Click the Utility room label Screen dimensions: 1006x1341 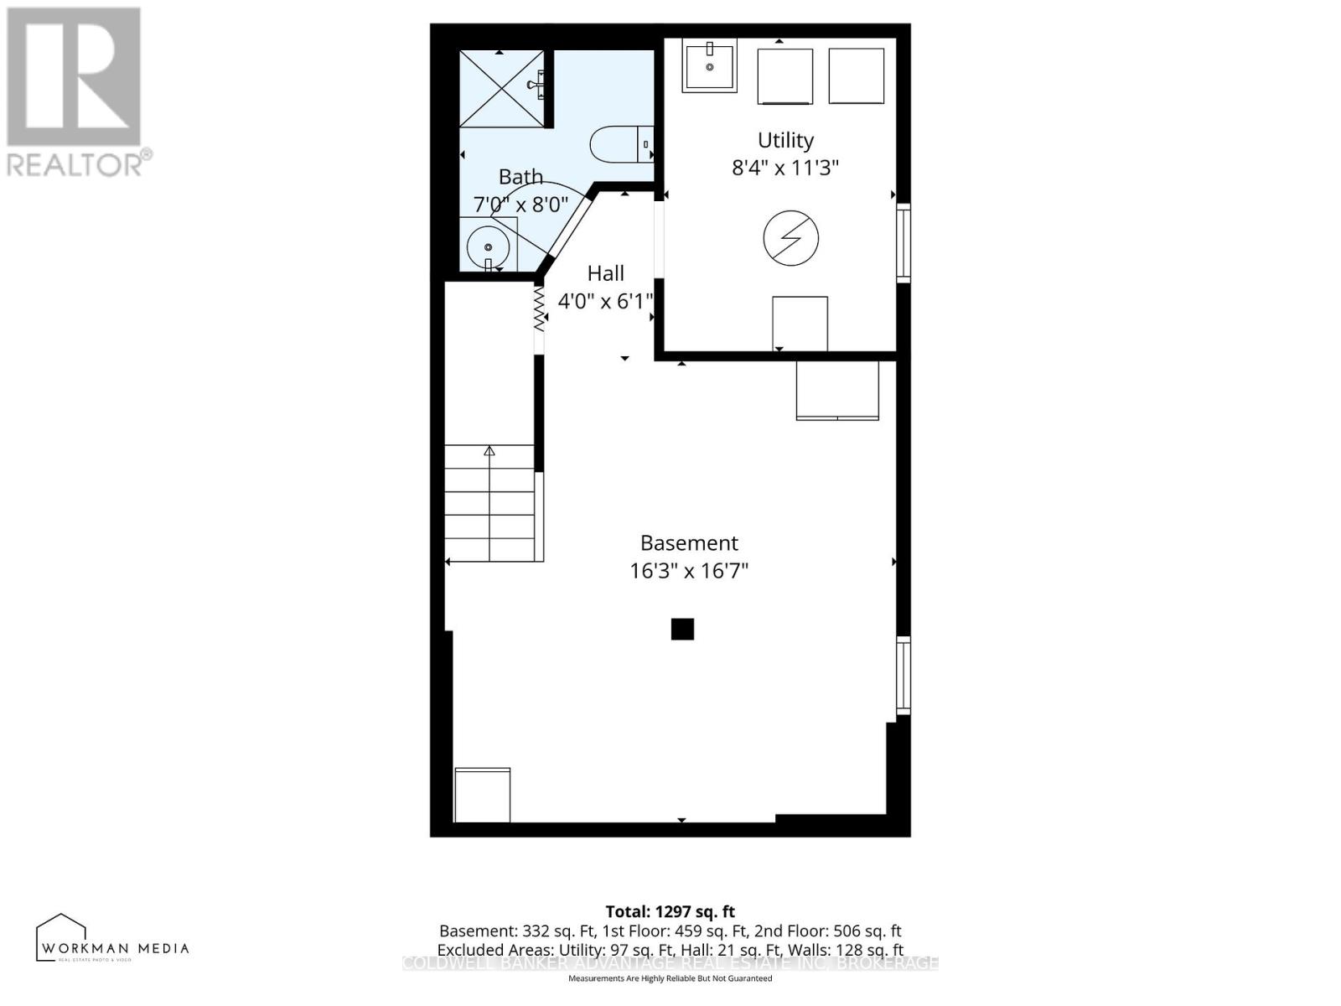click(x=785, y=140)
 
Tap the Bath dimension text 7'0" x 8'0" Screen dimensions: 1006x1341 click(x=520, y=204)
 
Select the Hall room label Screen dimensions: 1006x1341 click(x=605, y=273)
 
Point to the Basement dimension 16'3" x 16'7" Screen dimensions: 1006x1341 click(x=689, y=571)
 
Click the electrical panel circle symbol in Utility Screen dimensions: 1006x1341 click(x=790, y=237)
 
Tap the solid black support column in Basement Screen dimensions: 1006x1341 click(x=682, y=629)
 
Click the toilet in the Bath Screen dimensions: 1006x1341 click(x=620, y=144)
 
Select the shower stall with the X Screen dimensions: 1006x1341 click(x=501, y=88)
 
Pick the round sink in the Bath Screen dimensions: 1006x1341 click(x=488, y=246)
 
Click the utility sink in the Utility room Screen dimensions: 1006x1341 click(x=709, y=65)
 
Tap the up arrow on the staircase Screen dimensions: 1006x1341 click(x=489, y=452)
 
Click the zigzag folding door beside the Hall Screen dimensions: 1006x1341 click(x=539, y=309)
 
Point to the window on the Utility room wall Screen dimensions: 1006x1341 click(x=903, y=242)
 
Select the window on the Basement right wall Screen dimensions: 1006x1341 click(x=903, y=675)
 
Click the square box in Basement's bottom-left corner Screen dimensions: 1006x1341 click(x=482, y=795)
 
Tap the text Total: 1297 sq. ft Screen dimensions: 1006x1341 click(x=670, y=911)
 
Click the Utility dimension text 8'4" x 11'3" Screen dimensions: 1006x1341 click(x=785, y=168)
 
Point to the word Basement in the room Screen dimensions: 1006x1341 click(x=689, y=543)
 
